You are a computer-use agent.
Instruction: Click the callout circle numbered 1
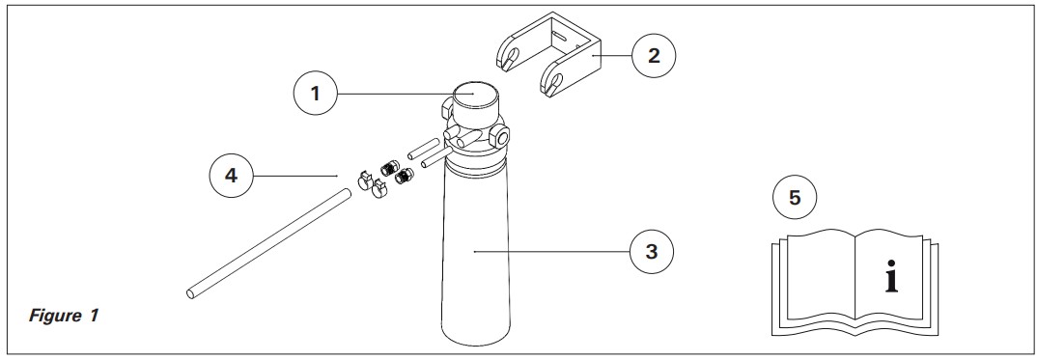[316, 94]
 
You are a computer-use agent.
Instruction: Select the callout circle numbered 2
[654, 55]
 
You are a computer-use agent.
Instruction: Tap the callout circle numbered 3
[652, 252]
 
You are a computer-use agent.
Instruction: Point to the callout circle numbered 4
[231, 176]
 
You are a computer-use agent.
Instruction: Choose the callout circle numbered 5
[795, 198]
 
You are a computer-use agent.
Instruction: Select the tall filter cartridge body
[475, 254]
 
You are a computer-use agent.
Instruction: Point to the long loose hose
[267, 243]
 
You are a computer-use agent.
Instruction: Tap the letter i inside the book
[891, 277]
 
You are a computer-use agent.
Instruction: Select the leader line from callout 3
[551, 252]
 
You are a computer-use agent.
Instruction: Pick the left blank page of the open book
[820, 273]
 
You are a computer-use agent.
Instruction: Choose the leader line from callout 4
[295, 176]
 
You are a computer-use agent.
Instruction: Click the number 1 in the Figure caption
[94, 316]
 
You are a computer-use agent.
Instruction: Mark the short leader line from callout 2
[612, 56]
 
